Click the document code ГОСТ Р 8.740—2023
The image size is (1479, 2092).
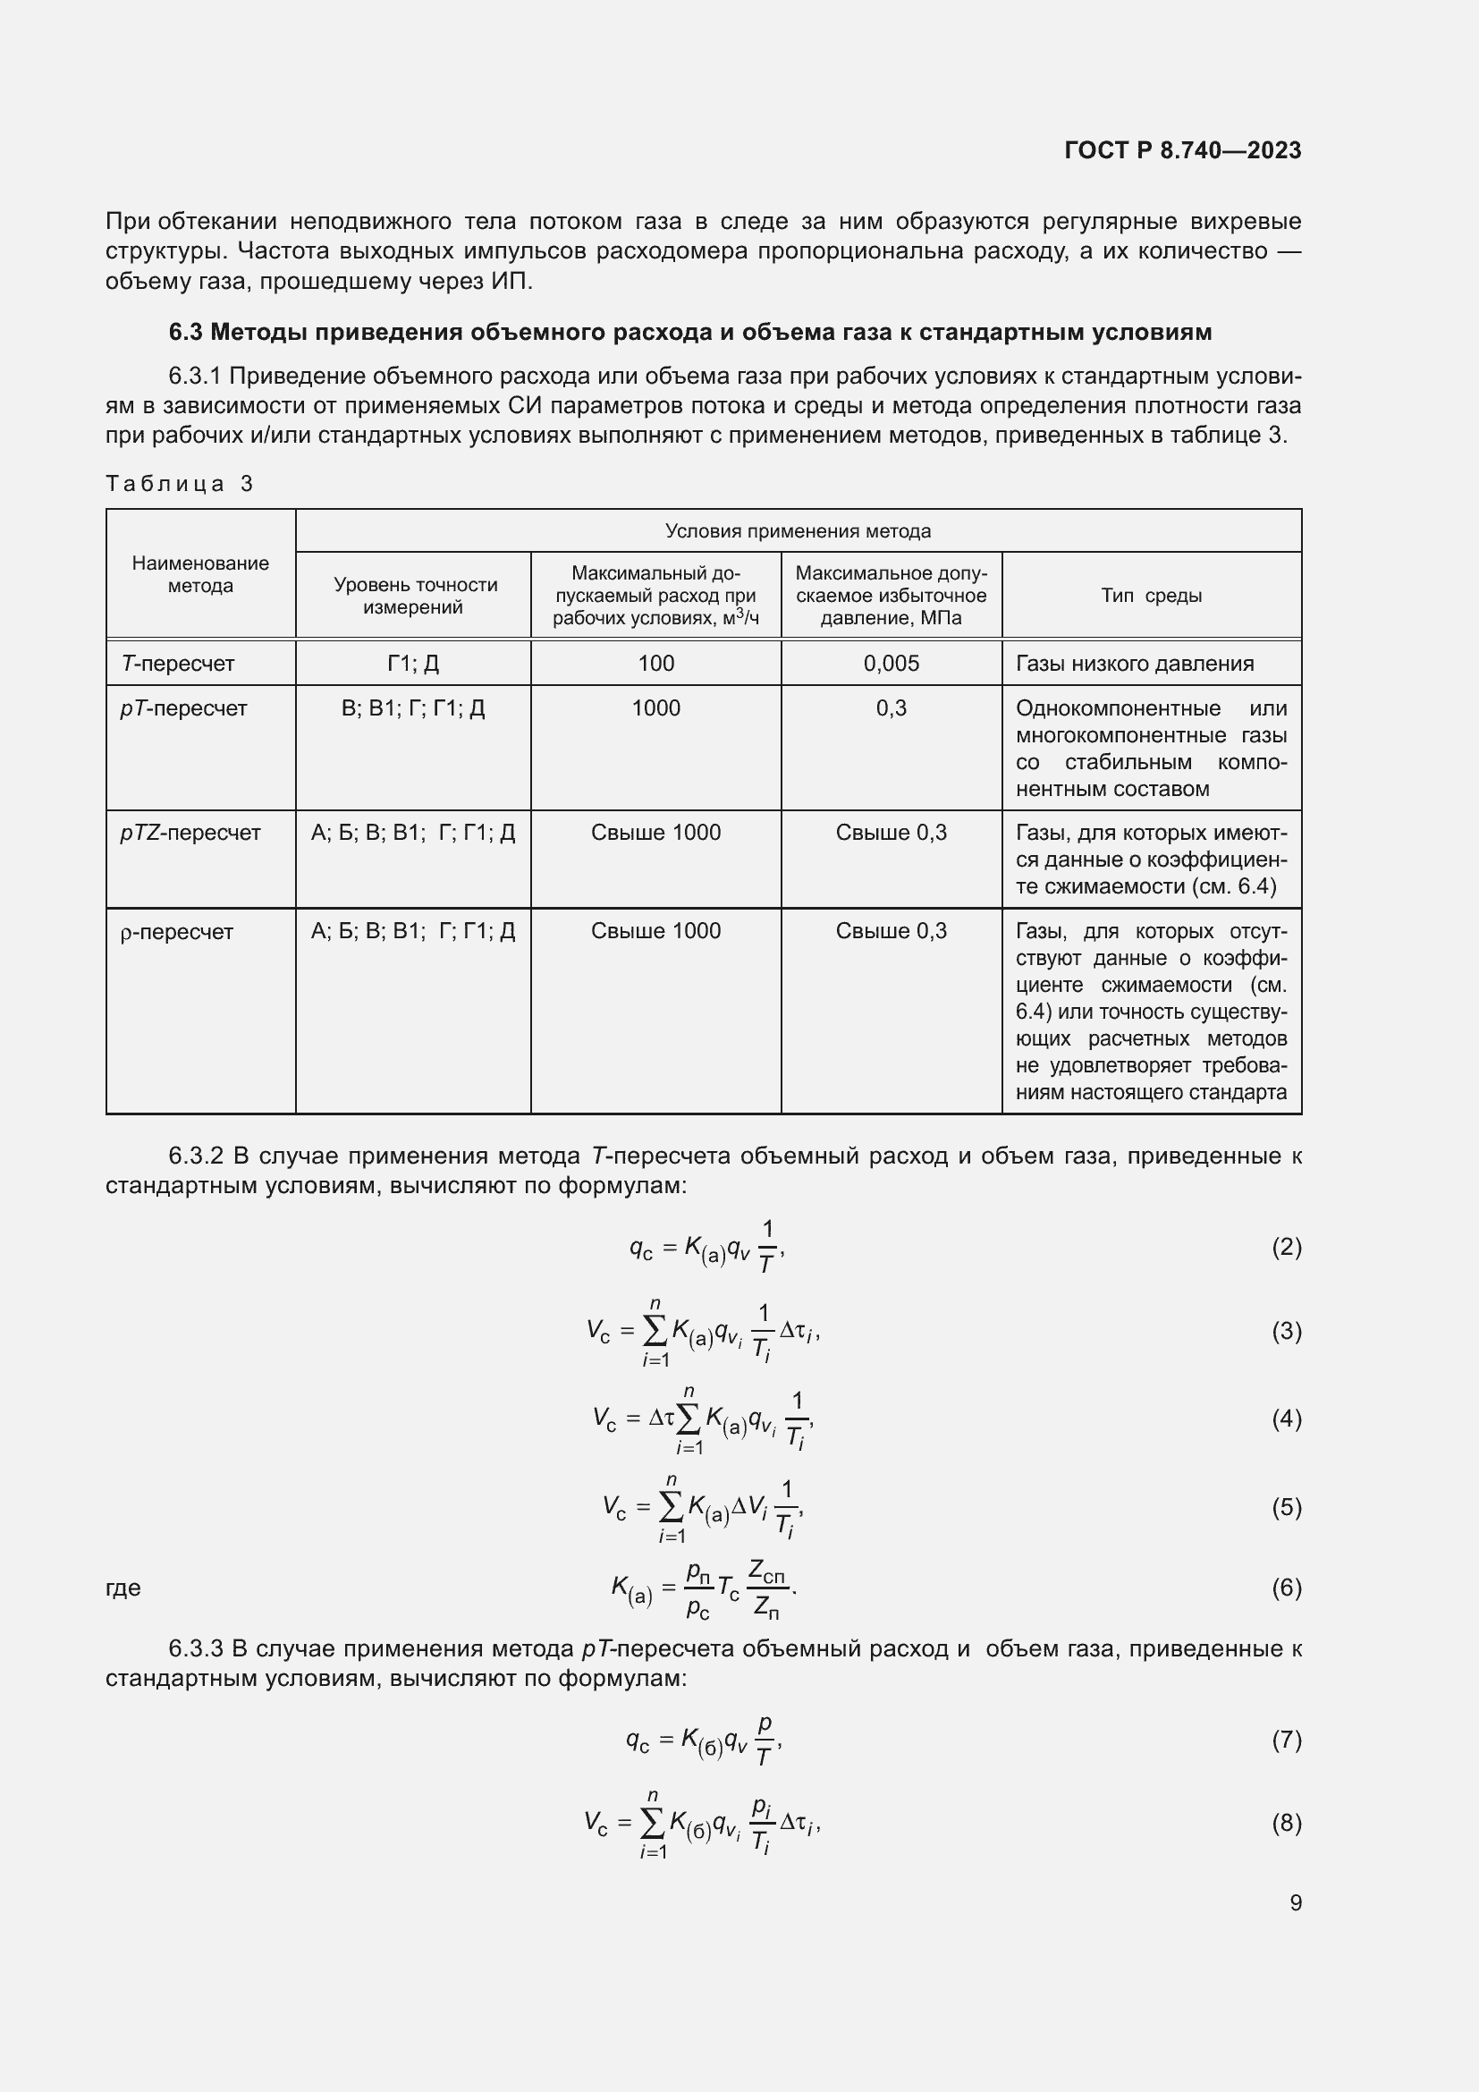point(1182,150)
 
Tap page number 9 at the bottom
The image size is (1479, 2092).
point(1295,1903)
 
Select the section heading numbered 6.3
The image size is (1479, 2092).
point(689,332)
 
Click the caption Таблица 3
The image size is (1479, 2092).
point(180,484)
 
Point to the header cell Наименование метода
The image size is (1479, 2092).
point(200,575)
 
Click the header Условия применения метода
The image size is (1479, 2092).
point(797,531)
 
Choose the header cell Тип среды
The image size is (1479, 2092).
point(1150,596)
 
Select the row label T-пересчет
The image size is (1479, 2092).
point(179,664)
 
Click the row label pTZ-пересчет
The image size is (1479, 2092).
point(190,833)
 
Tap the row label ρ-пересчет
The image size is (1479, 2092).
point(177,932)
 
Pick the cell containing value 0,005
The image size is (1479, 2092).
point(891,664)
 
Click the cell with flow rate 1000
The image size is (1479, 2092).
point(655,708)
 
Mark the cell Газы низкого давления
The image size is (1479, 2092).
point(1134,664)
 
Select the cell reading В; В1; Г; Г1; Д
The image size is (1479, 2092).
point(412,708)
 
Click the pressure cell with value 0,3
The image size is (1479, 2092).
point(891,708)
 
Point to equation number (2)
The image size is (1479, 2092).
point(1286,1248)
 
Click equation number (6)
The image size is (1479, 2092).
point(1286,1588)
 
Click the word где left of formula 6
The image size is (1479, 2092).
point(123,1588)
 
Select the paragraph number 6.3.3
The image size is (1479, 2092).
point(196,1649)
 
